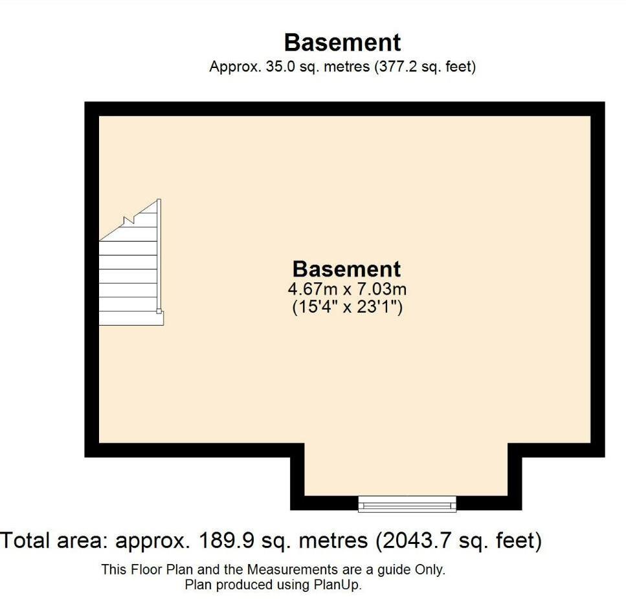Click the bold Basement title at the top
pos(342,42)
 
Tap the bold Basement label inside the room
pos(346,269)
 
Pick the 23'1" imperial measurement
pos(379,307)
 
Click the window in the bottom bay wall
pos(407,504)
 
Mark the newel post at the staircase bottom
pos(159,311)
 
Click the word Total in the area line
pos(26,540)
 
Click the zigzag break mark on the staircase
pos(129,220)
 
